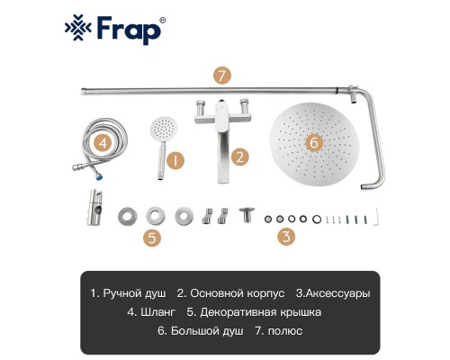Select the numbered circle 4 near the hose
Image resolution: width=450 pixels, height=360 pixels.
point(104,142)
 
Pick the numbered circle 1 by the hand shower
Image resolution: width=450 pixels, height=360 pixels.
point(177,160)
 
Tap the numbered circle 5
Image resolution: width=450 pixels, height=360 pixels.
point(154,238)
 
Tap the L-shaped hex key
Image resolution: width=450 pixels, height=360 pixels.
point(379,215)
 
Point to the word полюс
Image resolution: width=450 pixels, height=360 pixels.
point(284,331)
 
